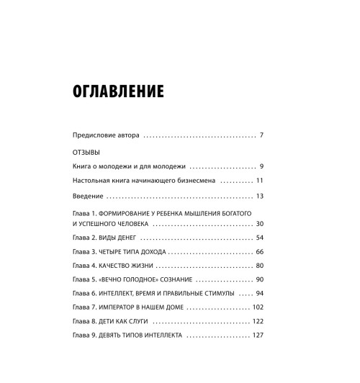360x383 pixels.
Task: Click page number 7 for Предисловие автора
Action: click(263, 135)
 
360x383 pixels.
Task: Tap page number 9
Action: click(263, 166)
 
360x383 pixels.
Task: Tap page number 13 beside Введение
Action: click(261, 196)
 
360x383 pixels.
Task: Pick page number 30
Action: click(261, 225)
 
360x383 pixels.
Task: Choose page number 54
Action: click(261, 238)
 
